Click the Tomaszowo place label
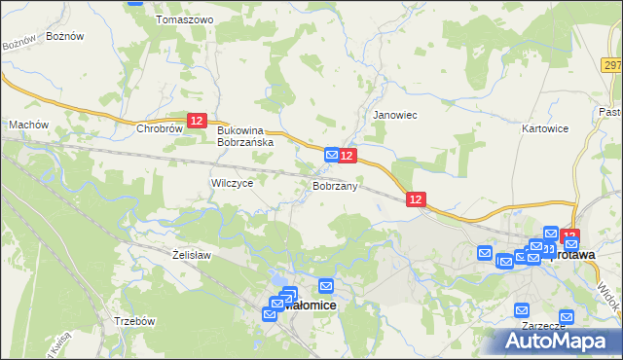click(x=184, y=19)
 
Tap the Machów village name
click(x=28, y=125)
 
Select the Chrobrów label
click(x=161, y=128)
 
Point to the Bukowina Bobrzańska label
click(x=245, y=135)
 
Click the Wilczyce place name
click(x=232, y=183)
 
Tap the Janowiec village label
click(x=395, y=115)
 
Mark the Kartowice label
click(x=544, y=128)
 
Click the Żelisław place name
click(x=192, y=254)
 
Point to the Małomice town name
click(x=311, y=305)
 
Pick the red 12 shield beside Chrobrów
click(x=198, y=120)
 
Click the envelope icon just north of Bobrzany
click(x=332, y=155)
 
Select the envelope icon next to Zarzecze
click(x=566, y=317)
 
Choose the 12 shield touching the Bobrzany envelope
click(x=348, y=156)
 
